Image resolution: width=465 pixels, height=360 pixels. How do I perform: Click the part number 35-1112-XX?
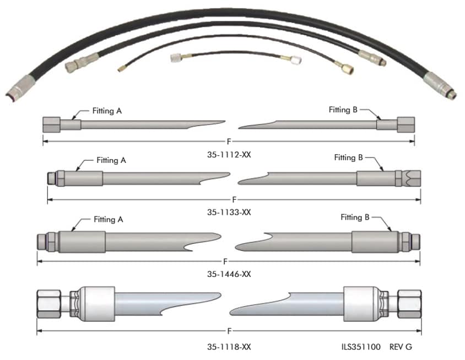pos(229,155)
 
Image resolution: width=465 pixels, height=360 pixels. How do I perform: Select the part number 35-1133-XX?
pos(229,212)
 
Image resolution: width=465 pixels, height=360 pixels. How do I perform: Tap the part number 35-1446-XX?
pos(229,274)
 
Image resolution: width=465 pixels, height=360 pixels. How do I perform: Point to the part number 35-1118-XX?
pos(229,347)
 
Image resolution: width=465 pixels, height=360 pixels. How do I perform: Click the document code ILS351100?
pos(361,347)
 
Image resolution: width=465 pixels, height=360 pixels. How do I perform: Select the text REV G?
pos(401,347)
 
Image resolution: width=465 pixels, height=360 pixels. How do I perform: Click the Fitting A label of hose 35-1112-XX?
pos(107,111)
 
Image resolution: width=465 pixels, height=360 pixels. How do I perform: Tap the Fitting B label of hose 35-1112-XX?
pos(343,110)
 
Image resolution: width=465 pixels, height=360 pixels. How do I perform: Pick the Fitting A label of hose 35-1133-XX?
pos(111,161)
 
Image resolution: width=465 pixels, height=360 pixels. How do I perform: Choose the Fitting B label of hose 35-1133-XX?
pos(348,157)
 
